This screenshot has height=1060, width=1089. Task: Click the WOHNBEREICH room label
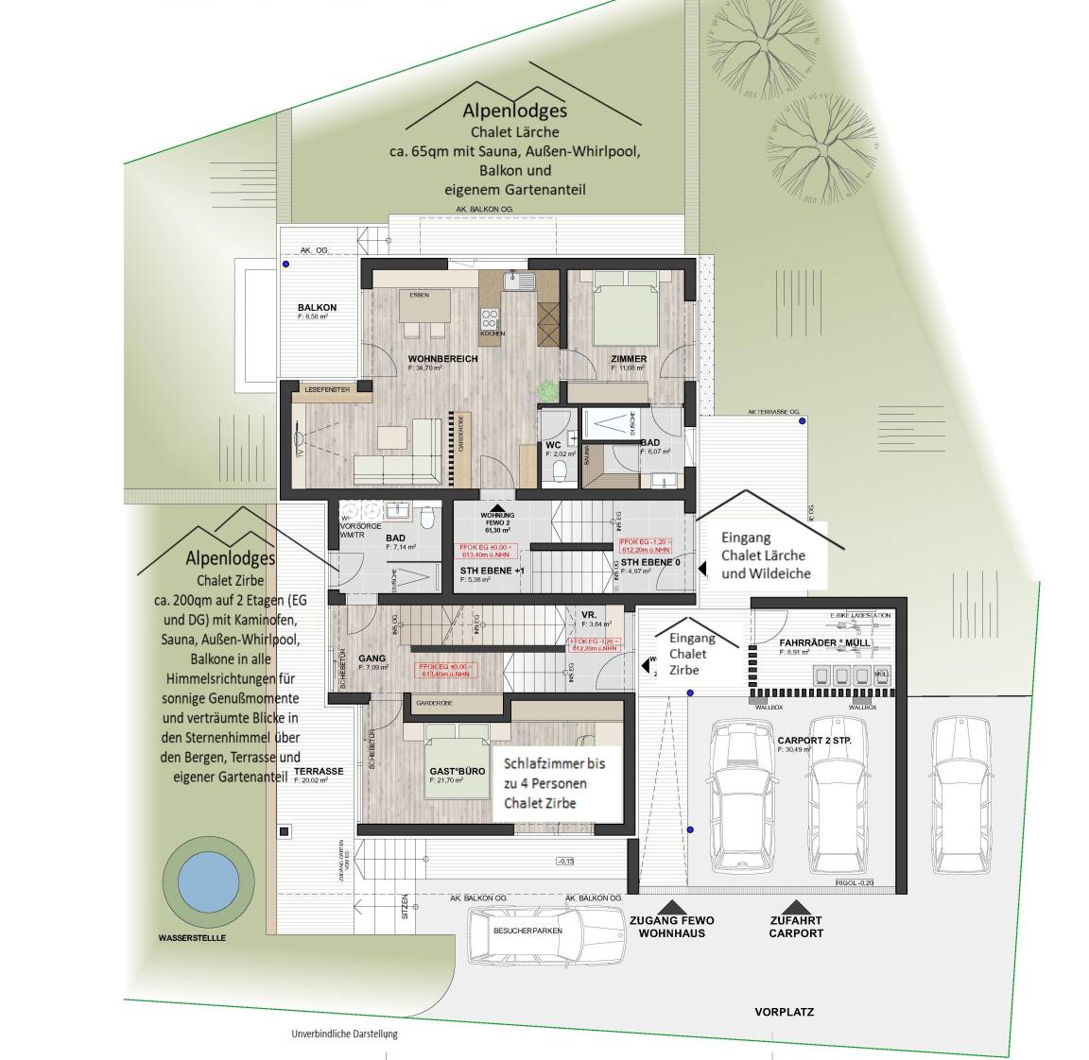442,359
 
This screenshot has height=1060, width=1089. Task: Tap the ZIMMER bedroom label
629,359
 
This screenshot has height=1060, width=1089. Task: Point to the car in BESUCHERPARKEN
527,931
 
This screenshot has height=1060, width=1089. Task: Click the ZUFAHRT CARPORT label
796,927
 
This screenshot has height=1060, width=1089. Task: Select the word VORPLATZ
784,1012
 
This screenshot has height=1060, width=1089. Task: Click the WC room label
555,445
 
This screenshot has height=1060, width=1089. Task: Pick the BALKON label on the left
317,308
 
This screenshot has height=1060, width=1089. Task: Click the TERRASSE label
318,771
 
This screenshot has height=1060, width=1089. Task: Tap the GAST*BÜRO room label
457,771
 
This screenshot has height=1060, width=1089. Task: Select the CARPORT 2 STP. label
814,740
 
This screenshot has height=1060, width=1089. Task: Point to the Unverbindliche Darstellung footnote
345,1034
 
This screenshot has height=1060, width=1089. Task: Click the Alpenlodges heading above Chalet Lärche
514,112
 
